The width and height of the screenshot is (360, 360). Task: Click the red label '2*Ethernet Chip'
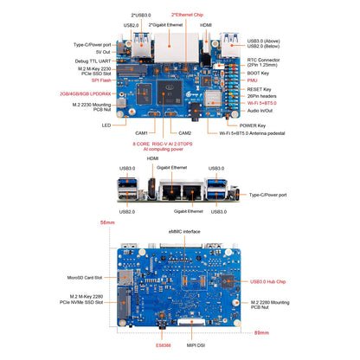click(188, 15)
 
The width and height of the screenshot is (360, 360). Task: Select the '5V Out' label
click(100, 51)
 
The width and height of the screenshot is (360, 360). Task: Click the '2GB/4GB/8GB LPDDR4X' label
click(82, 93)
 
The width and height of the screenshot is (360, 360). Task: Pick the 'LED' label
click(106, 125)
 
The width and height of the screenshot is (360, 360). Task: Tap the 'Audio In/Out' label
click(264, 111)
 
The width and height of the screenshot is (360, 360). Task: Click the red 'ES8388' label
click(163, 344)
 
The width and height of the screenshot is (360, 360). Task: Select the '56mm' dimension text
click(108, 223)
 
